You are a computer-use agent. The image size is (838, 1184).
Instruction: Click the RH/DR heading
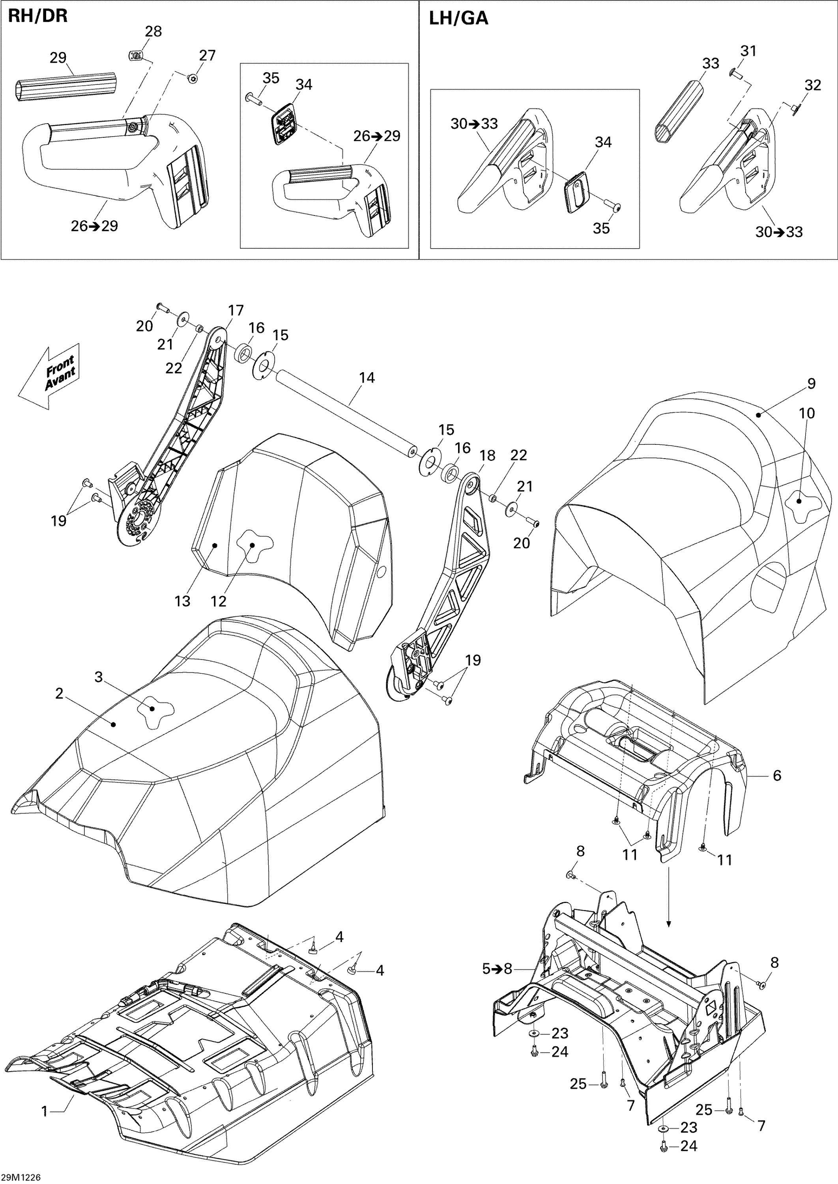tap(37, 16)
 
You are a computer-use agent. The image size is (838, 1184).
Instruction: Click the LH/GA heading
tap(458, 18)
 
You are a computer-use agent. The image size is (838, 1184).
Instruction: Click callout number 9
tap(811, 384)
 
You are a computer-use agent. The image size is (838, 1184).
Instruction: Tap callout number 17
tap(236, 311)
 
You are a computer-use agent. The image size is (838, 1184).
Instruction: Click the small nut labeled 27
tap(193, 78)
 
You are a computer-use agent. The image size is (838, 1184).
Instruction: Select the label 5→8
tap(497, 969)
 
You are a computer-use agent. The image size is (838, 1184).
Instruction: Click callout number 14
tap(367, 378)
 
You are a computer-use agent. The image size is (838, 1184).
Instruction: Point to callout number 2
tap(59, 694)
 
